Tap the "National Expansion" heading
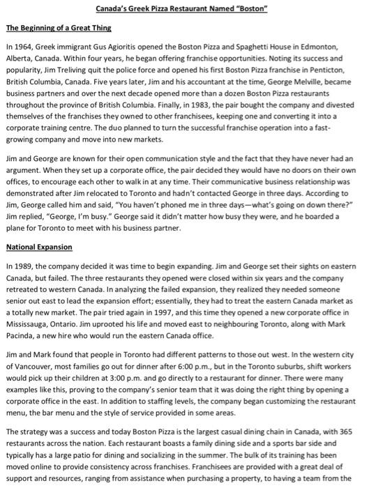coord(39,247)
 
